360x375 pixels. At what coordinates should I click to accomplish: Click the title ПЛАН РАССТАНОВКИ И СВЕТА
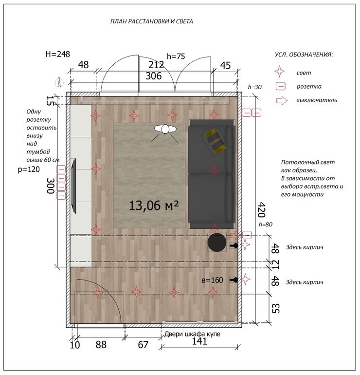[x=151, y=21]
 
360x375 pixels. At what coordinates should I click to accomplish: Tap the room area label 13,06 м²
[x=154, y=206]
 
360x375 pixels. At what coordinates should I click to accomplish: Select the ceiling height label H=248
[x=57, y=54]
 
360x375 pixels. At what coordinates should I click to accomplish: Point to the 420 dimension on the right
[x=262, y=209]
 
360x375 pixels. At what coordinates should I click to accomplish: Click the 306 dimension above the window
[x=154, y=76]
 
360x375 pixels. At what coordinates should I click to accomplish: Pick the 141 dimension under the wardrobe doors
[x=199, y=341]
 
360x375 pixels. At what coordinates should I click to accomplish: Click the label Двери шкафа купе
[x=192, y=334]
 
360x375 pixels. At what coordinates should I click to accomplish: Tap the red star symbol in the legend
[x=280, y=72]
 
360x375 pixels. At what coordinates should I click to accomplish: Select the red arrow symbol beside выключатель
[x=282, y=101]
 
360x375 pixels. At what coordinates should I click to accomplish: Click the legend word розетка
[x=309, y=87]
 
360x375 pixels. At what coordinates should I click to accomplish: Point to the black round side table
[x=216, y=243]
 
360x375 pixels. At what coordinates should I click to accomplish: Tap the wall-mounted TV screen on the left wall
[x=74, y=186]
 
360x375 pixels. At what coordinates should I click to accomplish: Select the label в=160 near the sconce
[x=212, y=280]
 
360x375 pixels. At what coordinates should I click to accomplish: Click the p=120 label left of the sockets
[x=29, y=169]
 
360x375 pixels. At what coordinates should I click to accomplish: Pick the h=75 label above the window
[x=176, y=56]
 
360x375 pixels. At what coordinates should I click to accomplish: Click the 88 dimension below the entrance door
[x=101, y=345]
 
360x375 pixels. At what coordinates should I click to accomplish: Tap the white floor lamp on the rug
[x=165, y=129]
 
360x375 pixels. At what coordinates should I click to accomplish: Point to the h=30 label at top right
[x=254, y=87]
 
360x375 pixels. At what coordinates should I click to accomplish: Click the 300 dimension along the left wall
[x=51, y=186]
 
